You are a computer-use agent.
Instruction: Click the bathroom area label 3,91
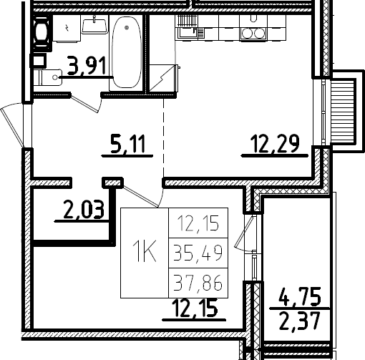87,65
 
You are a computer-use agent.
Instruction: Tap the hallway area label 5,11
127,144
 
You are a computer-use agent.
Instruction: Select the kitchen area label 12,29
275,144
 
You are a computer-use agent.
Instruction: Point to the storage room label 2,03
84,210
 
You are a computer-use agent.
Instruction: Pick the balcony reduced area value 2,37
300,321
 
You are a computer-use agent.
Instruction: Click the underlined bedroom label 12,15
195,308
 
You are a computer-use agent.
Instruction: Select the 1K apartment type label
145,251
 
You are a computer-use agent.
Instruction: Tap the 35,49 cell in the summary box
198,253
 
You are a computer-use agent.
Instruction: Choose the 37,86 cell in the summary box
198,283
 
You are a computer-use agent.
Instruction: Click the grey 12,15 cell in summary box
198,223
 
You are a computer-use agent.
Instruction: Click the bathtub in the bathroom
127,52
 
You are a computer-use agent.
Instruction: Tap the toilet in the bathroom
48,77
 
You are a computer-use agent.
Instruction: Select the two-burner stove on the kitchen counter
253,33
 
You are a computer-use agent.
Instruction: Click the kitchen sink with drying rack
190,27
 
